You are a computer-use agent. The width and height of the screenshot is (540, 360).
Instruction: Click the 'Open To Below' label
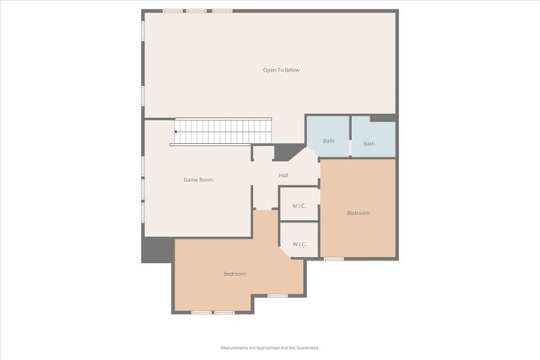point(281,70)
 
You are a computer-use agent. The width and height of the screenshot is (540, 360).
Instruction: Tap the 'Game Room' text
point(198,180)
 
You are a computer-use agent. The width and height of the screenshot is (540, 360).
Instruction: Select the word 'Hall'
point(284,175)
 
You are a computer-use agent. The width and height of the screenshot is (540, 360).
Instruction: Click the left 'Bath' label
point(328,142)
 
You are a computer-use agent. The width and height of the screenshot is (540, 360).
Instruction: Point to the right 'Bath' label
point(369,144)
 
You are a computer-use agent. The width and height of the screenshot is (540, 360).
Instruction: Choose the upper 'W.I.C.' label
point(299,206)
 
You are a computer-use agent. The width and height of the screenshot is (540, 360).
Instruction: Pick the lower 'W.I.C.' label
point(299,244)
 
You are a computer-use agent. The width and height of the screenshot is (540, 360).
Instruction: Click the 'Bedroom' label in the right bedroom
point(358,212)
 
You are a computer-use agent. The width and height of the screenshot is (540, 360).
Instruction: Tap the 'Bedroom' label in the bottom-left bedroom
point(235,274)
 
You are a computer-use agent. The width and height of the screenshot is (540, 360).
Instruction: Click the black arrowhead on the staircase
point(176,132)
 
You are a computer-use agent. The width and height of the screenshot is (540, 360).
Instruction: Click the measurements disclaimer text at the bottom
point(270,347)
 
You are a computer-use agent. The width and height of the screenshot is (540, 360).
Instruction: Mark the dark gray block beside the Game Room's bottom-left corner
point(157,250)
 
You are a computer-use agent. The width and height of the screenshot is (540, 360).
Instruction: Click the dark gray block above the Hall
point(288,152)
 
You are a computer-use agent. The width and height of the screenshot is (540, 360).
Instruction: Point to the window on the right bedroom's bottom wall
point(334,259)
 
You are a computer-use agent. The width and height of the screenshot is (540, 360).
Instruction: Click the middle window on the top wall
point(197,11)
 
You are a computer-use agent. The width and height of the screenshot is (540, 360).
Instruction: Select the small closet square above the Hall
point(263,153)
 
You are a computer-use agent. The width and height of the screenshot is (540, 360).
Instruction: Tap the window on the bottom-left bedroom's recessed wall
point(278,295)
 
